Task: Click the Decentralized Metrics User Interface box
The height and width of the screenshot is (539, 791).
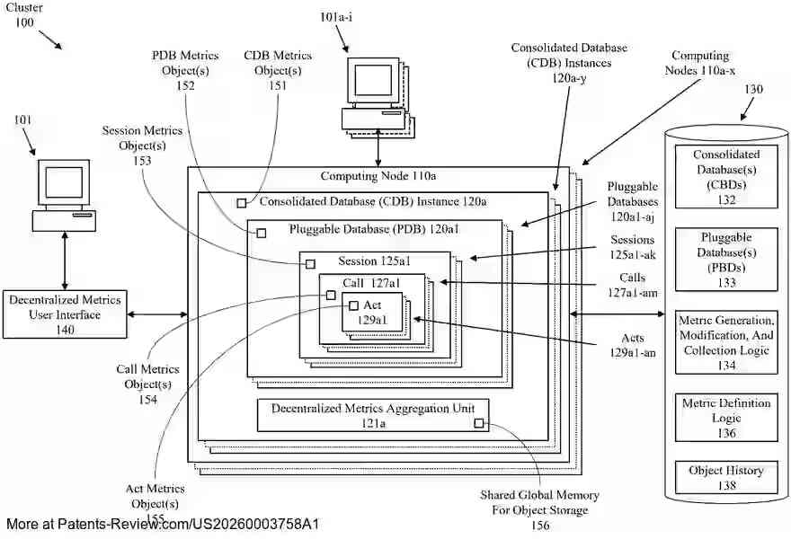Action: (65, 314)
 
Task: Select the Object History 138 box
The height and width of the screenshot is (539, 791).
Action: (726, 478)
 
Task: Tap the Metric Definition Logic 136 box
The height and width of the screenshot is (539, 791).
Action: (726, 418)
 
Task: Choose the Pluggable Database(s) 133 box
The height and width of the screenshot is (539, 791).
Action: (726, 260)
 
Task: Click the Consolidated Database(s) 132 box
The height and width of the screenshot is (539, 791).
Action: (726, 177)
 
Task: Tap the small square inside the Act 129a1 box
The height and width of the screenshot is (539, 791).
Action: (353, 305)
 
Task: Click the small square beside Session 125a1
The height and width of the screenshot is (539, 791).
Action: (310, 263)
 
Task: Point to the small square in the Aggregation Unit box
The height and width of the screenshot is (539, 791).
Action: (479, 423)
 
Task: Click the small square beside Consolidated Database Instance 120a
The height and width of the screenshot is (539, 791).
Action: (241, 203)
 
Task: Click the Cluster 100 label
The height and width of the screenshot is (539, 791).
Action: (27, 15)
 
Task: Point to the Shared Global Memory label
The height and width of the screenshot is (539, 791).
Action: (539, 509)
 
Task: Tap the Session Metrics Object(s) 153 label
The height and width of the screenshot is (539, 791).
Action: (142, 146)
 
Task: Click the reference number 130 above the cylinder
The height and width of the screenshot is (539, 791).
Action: (753, 90)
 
